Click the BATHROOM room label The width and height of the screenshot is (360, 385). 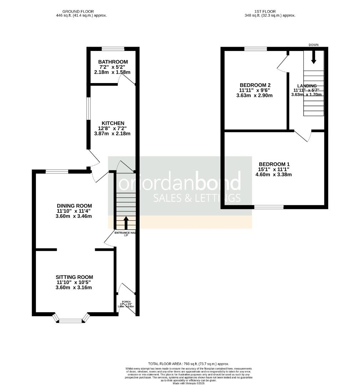[x=113, y=62]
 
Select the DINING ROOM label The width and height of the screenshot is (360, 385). [x=74, y=206]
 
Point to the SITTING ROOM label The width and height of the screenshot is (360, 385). [x=74, y=277]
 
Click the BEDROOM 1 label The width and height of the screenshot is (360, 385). [x=274, y=164]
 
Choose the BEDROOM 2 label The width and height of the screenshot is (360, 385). [x=255, y=85]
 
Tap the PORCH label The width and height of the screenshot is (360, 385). [x=126, y=301]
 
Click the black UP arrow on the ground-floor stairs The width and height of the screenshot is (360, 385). [x=126, y=223]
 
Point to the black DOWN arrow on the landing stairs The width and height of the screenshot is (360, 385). [x=314, y=57]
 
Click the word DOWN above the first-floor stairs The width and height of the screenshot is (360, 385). [x=314, y=45]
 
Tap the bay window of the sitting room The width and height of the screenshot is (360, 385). [x=71, y=320]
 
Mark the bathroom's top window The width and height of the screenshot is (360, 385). [x=113, y=49]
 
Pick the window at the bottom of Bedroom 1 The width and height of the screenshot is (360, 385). [x=269, y=207]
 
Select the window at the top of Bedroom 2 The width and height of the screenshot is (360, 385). [x=255, y=49]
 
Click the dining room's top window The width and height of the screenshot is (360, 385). [x=57, y=172]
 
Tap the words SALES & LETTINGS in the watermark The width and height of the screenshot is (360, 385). [x=197, y=198]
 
